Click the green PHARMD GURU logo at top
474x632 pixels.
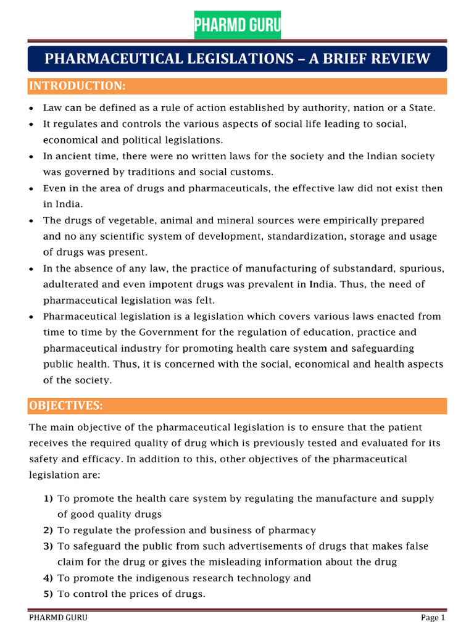tap(237, 25)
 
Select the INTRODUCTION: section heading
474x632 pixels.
tap(78, 85)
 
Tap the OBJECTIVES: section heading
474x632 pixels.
tap(66, 405)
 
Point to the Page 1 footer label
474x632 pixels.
tap(433, 618)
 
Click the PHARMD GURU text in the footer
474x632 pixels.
tap(59, 618)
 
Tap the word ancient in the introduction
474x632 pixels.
tap(73, 156)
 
